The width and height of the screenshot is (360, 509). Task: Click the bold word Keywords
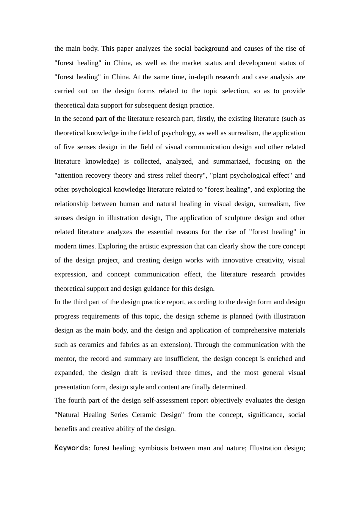(x=71, y=448)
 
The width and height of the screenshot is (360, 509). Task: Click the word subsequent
(x=155, y=105)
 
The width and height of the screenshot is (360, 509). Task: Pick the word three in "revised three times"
(x=183, y=373)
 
